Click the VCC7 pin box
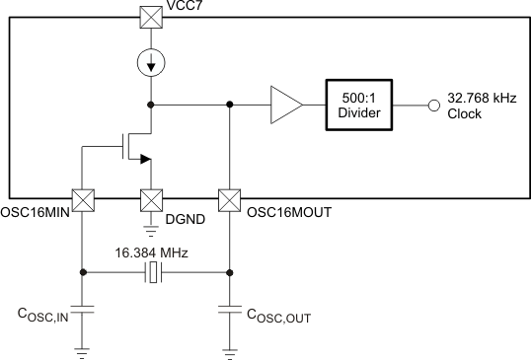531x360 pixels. pyautogui.click(x=150, y=17)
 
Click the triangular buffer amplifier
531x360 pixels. pyautogui.click(x=285, y=103)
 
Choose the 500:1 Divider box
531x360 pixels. pyautogui.click(x=361, y=103)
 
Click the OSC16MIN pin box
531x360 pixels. pyautogui.click(x=83, y=199)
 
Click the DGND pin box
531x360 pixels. pyautogui.click(x=150, y=199)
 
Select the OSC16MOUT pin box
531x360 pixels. pyautogui.click(x=230, y=199)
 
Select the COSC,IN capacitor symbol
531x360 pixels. pyautogui.click(x=83, y=311)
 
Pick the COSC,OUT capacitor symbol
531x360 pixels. pyautogui.click(x=230, y=311)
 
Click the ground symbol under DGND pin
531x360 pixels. pyautogui.click(x=150, y=231)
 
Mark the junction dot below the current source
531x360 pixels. pyautogui.click(x=150, y=103)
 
